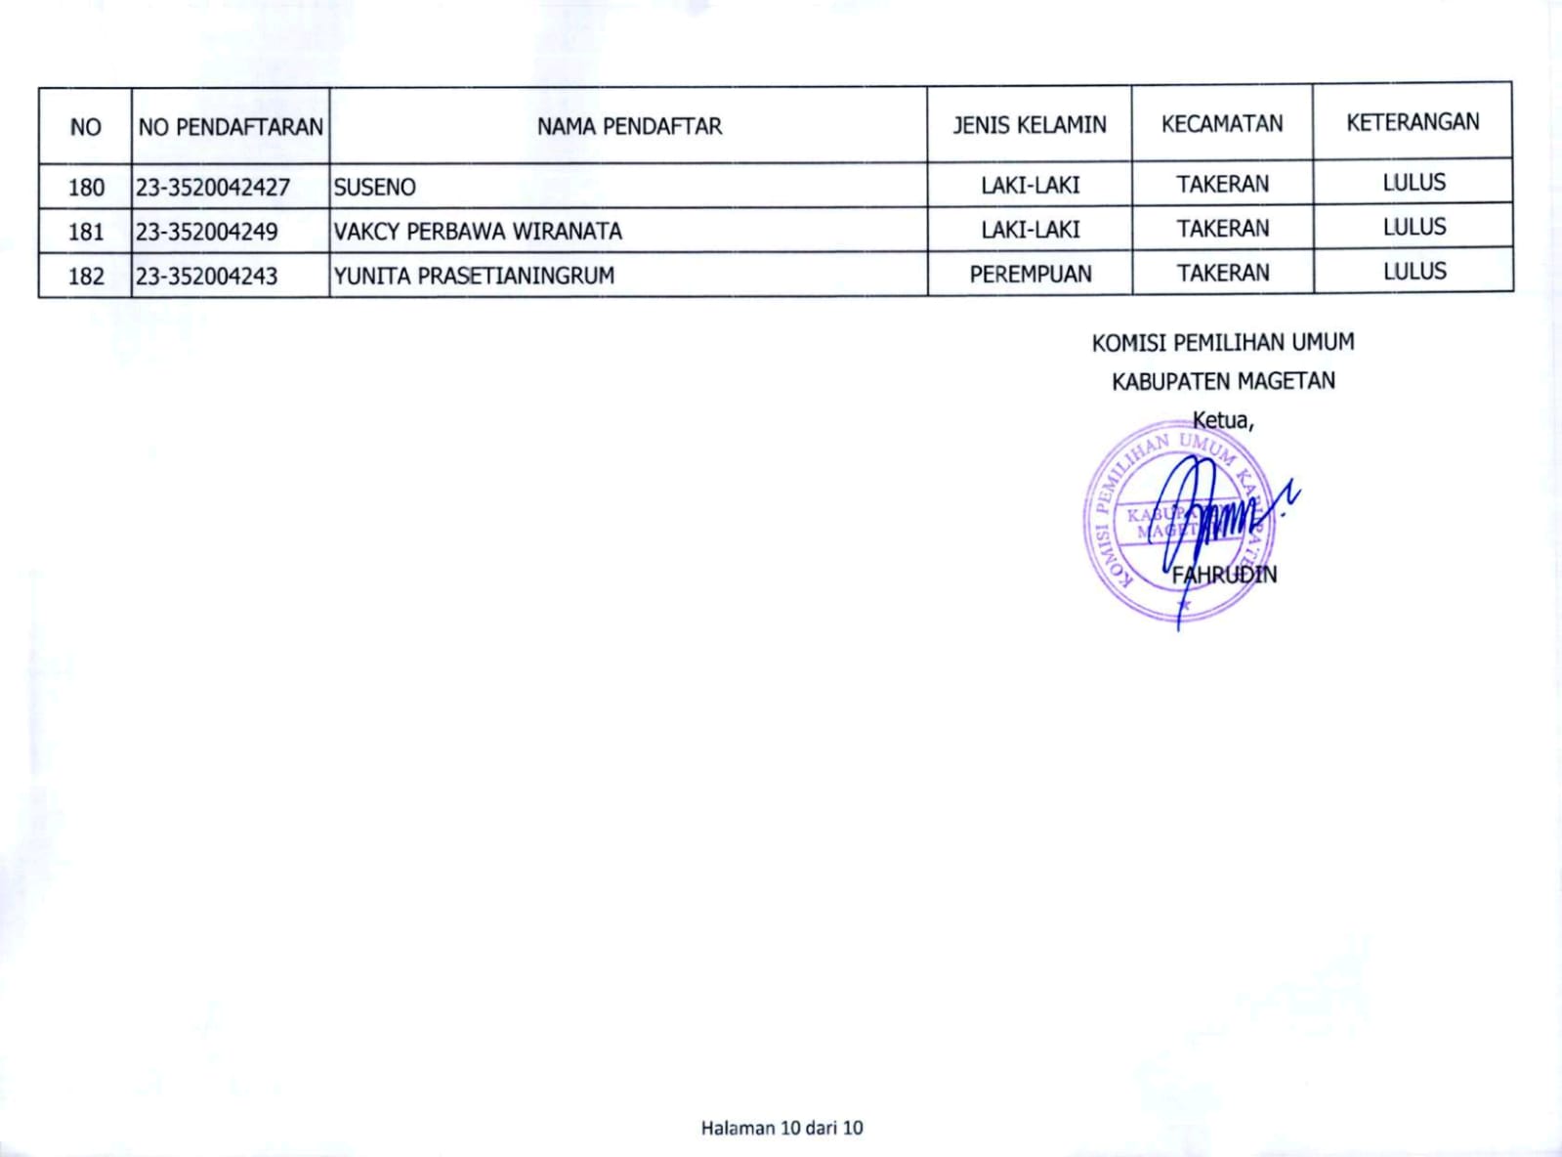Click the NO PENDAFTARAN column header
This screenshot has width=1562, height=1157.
[231, 127]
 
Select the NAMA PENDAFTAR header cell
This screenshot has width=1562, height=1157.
[629, 126]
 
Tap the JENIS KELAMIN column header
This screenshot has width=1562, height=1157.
[1030, 125]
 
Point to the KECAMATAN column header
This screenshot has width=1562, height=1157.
[1222, 124]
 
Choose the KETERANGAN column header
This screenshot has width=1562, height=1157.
[1413, 122]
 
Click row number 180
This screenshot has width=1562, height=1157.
[86, 187]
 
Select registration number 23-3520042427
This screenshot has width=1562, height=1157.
[213, 187]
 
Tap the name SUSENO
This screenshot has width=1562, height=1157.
[375, 187]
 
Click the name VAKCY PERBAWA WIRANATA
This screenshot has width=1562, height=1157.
[478, 232]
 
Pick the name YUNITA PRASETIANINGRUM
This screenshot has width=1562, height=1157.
[475, 276]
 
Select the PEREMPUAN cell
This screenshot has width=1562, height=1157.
[1031, 275]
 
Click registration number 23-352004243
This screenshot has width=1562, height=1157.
[207, 277]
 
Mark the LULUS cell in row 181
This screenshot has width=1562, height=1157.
[1414, 227]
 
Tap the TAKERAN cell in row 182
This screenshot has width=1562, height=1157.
[1223, 273]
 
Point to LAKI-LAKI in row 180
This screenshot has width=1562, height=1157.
[1031, 185]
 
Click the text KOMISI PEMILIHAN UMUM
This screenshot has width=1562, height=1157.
[1223, 343]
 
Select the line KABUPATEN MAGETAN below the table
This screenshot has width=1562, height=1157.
[1223, 381]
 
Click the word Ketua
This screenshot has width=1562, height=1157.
[1221, 420]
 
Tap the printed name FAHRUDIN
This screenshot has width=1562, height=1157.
[1224, 575]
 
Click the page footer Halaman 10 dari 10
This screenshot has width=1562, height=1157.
[781, 1128]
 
